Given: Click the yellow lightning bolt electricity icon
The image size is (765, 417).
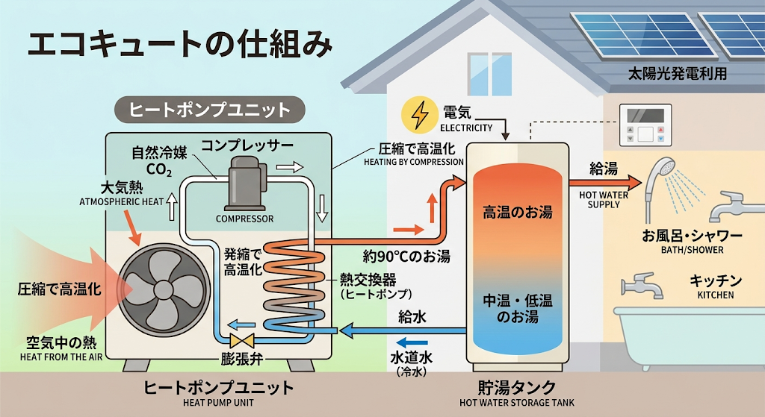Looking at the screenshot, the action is coord(418,115).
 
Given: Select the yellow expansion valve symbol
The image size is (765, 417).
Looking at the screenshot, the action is coord(241,340).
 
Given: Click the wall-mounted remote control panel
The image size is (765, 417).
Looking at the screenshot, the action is coord(645,125).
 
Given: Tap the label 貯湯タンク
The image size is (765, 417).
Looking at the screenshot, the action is coord(517,388).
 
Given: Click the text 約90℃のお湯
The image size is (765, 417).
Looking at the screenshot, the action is coord(406,256).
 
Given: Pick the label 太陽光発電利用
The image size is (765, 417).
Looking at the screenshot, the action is coord(677,74).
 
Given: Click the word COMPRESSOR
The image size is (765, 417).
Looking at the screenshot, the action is coord(244,219).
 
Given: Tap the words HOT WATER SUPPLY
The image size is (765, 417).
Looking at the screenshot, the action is coord(604,200).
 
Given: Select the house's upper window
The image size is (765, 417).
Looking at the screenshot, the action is coord(489,74).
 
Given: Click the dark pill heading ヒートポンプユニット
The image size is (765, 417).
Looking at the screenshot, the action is coord(210,110).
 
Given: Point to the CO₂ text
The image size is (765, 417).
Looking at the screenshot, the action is coord(159,169).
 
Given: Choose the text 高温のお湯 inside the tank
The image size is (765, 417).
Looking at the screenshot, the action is coord(518,213).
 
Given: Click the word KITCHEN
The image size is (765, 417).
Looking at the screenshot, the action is coord(715,295).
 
